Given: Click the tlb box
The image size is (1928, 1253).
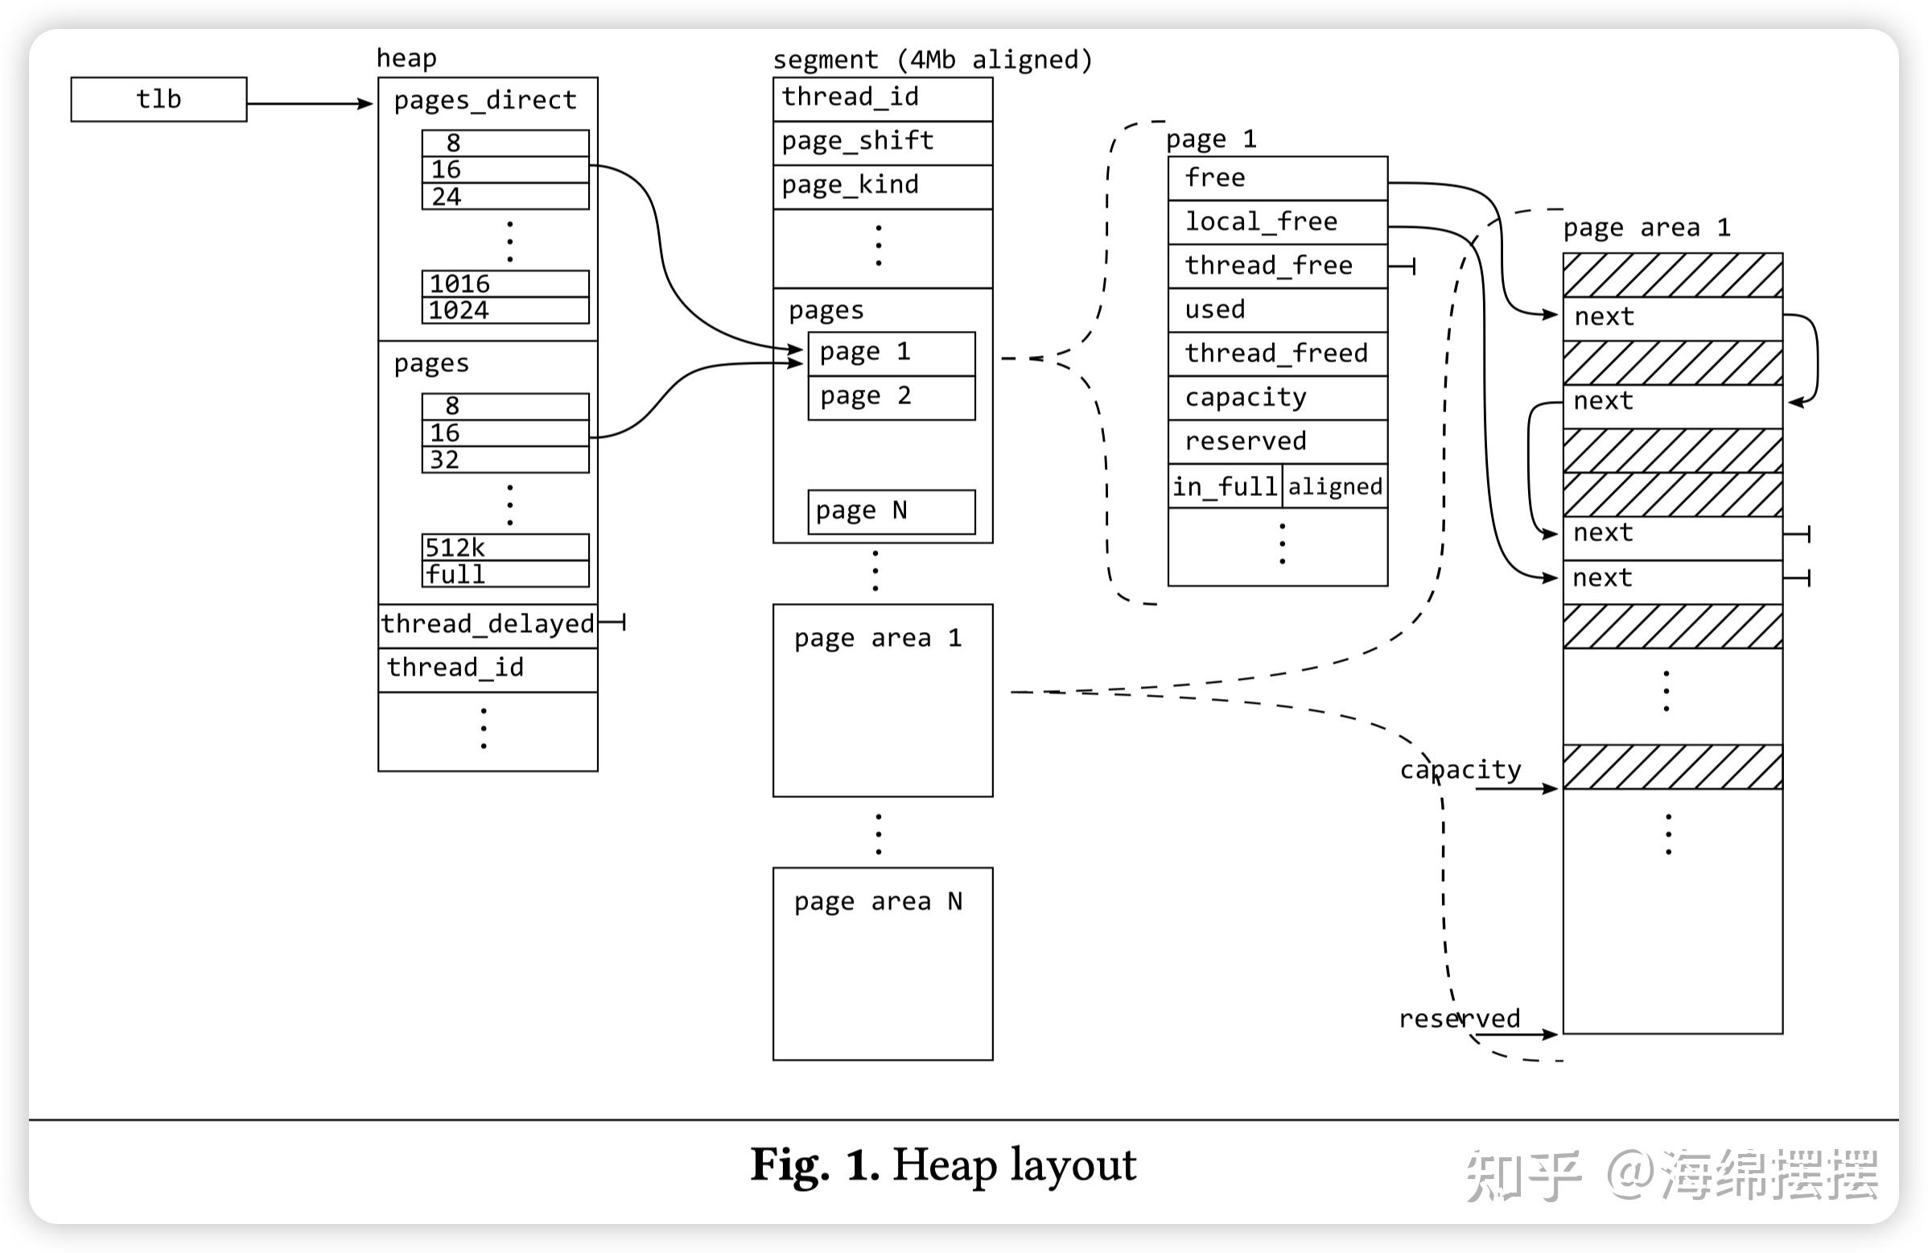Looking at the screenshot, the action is tap(159, 100).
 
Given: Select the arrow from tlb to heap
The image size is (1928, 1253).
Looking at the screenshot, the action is tap(310, 104).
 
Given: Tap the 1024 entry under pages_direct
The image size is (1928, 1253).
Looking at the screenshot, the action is tap(505, 310).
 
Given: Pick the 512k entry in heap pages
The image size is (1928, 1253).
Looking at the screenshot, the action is tap(505, 547).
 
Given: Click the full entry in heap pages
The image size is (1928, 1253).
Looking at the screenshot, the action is tap(505, 574).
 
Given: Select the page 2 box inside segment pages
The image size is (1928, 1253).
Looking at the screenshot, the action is tap(892, 398).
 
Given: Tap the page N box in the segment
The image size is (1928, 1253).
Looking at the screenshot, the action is tap(892, 512).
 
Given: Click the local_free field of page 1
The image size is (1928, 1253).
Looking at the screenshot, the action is tap(1278, 222).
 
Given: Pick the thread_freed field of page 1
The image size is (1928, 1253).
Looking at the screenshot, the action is tap(1278, 354).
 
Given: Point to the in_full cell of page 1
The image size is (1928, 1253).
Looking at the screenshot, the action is tap(1225, 486).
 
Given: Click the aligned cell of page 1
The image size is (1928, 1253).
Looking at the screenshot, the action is tap(1335, 486).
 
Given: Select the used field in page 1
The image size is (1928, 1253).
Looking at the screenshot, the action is tap(1278, 309).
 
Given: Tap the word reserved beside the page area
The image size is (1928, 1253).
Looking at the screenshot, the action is tap(1460, 1018).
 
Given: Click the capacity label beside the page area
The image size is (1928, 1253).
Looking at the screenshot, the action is tap(1460, 770).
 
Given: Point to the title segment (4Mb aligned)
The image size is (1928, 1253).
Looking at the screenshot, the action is tap(933, 60).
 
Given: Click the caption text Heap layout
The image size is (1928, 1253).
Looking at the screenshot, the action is tap(1014, 1165).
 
